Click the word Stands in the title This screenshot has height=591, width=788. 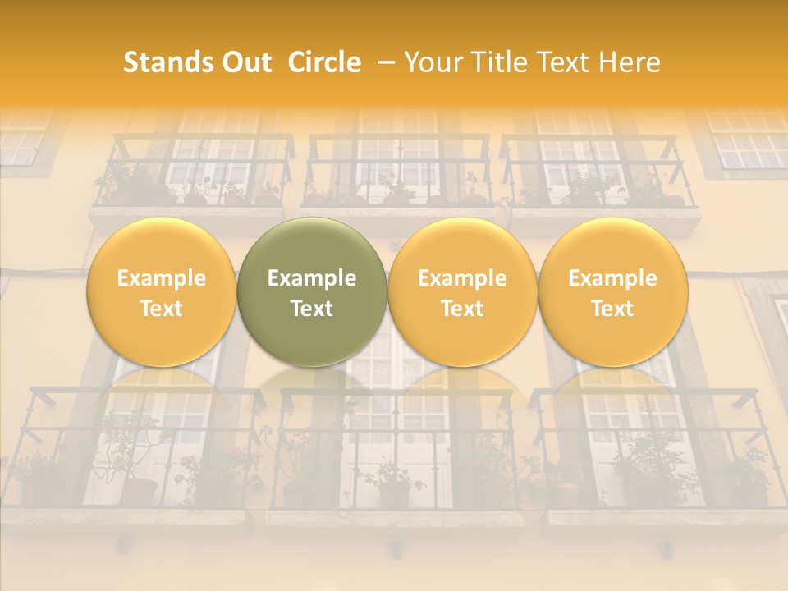click(167, 62)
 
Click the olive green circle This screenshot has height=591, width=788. click(312, 292)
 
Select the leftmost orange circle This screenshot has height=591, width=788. click(162, 292)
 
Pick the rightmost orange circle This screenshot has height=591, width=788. click(612, 292)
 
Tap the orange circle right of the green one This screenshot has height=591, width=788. click(462, 292)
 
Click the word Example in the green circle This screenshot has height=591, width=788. click(312, 278)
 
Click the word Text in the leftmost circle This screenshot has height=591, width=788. click(162, 309)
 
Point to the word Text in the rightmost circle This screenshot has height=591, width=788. click(612, 309)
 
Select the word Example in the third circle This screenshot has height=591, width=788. click(462, 278)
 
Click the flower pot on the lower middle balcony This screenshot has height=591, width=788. click(394, 493)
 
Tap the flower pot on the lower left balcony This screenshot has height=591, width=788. click(140, 491)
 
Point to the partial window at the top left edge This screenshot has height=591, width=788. click(20, 140)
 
